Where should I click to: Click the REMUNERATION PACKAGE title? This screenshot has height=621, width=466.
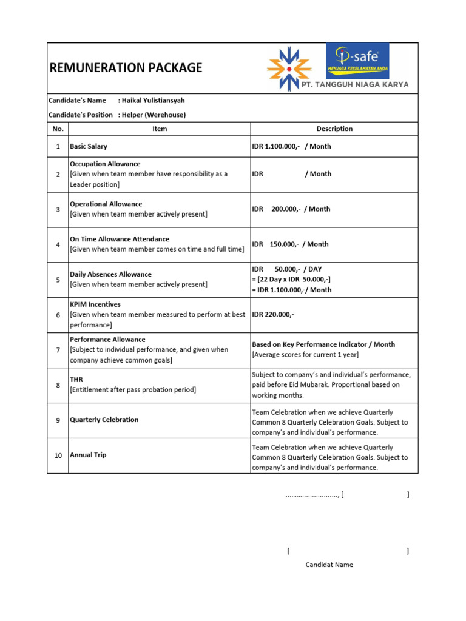tap(126, 68)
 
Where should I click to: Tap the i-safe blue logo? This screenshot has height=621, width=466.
tap(357, 61)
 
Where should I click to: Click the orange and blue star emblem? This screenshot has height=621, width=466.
tap(289, 69)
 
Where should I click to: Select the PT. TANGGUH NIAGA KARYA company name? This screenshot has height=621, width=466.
tap(356, 85)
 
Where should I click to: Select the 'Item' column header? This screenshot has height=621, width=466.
tap(160, 129)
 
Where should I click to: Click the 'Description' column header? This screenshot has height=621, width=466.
tap(334, 129)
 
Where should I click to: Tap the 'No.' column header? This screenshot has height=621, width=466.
tap(58, 129)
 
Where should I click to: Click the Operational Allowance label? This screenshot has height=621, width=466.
tap(106, 204)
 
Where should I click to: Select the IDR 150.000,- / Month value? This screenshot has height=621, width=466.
tap(290, 244)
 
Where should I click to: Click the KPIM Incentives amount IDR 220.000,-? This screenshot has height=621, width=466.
tap(273, 315)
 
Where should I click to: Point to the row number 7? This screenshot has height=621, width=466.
tap(58, 350)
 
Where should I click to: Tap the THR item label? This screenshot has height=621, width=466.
tap(76, 379)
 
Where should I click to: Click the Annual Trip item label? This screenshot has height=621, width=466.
tap(88, 455)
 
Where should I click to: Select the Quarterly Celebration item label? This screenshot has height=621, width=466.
tap(104, 420)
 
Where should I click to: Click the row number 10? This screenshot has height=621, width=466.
tap(58, 455)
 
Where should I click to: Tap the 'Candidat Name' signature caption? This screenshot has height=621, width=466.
tap(329, 565)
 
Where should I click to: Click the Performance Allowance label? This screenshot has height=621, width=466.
tap(107, 340)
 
